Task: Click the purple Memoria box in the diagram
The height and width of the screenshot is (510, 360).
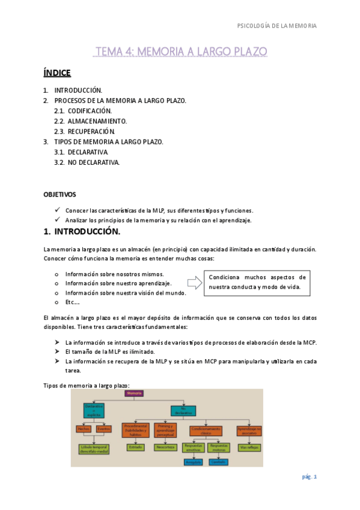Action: coord(134,393)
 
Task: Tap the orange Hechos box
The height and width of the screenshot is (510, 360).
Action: coord(83,429)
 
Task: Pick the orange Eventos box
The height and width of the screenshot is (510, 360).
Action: coord(103,429)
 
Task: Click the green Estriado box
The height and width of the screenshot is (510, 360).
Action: coord(135,447)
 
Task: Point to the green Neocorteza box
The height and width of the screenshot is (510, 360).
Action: coord(164,447)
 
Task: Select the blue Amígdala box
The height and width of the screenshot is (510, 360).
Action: coord(194,462)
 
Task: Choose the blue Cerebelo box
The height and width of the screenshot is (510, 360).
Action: coord(219,462)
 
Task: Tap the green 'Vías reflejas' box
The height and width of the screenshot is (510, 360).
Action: coord(248,447)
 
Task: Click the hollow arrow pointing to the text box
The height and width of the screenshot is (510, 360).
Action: coord(195,283)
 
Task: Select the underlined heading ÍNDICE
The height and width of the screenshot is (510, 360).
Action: coord(57,73)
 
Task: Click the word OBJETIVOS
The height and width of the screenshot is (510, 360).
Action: coord(59,195)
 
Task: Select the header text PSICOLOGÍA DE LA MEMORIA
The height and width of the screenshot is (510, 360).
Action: coord(277,26)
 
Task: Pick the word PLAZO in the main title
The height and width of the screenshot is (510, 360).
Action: coord(246,52)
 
